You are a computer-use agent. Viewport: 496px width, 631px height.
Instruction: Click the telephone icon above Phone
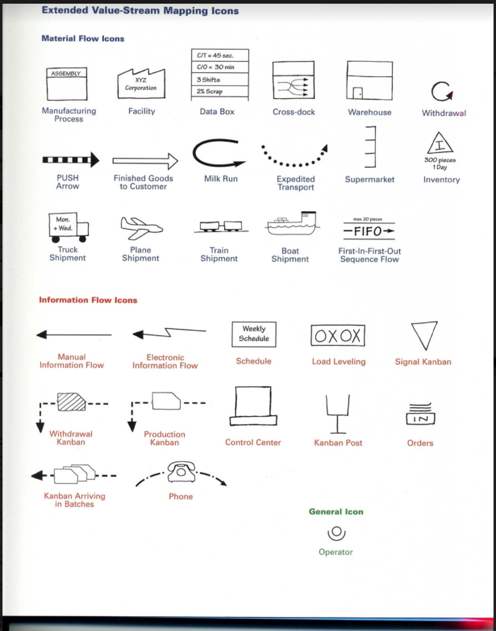(180, 471)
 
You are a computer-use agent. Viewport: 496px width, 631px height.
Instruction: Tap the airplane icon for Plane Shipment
(140, 228)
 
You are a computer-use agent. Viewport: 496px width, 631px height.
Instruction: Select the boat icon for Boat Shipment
(293, 225)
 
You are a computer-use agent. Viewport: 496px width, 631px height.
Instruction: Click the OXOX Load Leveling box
(338, 335)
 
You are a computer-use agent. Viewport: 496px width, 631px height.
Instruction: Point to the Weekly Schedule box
(254, 334)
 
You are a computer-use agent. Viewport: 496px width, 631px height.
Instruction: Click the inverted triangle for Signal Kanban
(424, 335)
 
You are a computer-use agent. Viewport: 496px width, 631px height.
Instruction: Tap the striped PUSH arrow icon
(71, 161)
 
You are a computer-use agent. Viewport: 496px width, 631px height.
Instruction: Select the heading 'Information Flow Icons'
(88, 300)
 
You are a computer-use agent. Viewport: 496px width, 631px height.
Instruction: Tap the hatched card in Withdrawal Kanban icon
(72, 403)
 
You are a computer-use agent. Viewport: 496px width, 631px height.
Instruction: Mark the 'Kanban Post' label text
(338, 443)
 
